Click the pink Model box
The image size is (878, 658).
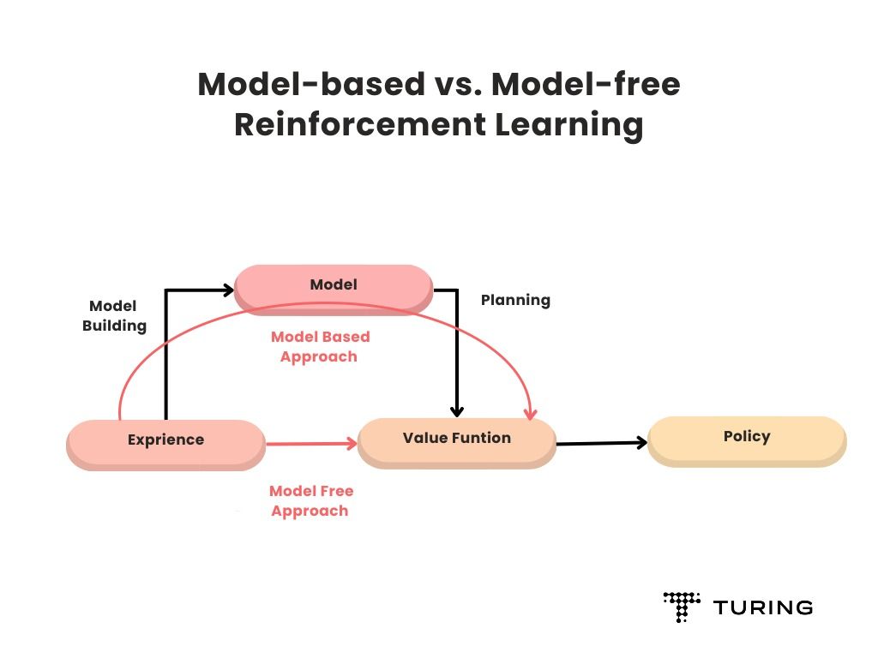pyautogui.click(x=334, y=286)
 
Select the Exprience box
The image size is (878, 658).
pyautogui.click(x=165, y=441)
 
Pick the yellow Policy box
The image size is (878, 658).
pyautogui.click(x=746, y=438)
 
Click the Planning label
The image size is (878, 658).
pyautogui.click(x=515, y=301)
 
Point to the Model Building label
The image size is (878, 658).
pyautogui.click(x=114, y=316)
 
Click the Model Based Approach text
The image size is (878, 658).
pyautogui.click(x=320, y=347)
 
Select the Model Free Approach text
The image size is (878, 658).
pyautogui.click(x=310, y=501)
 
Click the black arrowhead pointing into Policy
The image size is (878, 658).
pyautogui.click(x=640, y=442)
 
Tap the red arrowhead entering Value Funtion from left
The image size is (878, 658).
pyautogui.click(x=352, y=444)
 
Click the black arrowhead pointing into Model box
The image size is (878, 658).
pyautogui.click(x=229, y=290)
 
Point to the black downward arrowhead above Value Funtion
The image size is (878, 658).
pyautogui.click(x=457, y=411)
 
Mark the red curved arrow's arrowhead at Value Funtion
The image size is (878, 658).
pyautogui.click(x=531, y=414)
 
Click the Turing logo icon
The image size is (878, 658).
pyautogui.click(x=682, y=607)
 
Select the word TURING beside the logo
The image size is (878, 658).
pyautogui.click(x=763, y=608)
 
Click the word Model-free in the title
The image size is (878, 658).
pyautogui.click(x=586, y=85)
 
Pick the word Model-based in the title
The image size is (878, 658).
pyautogui.click(x=311, y=85)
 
